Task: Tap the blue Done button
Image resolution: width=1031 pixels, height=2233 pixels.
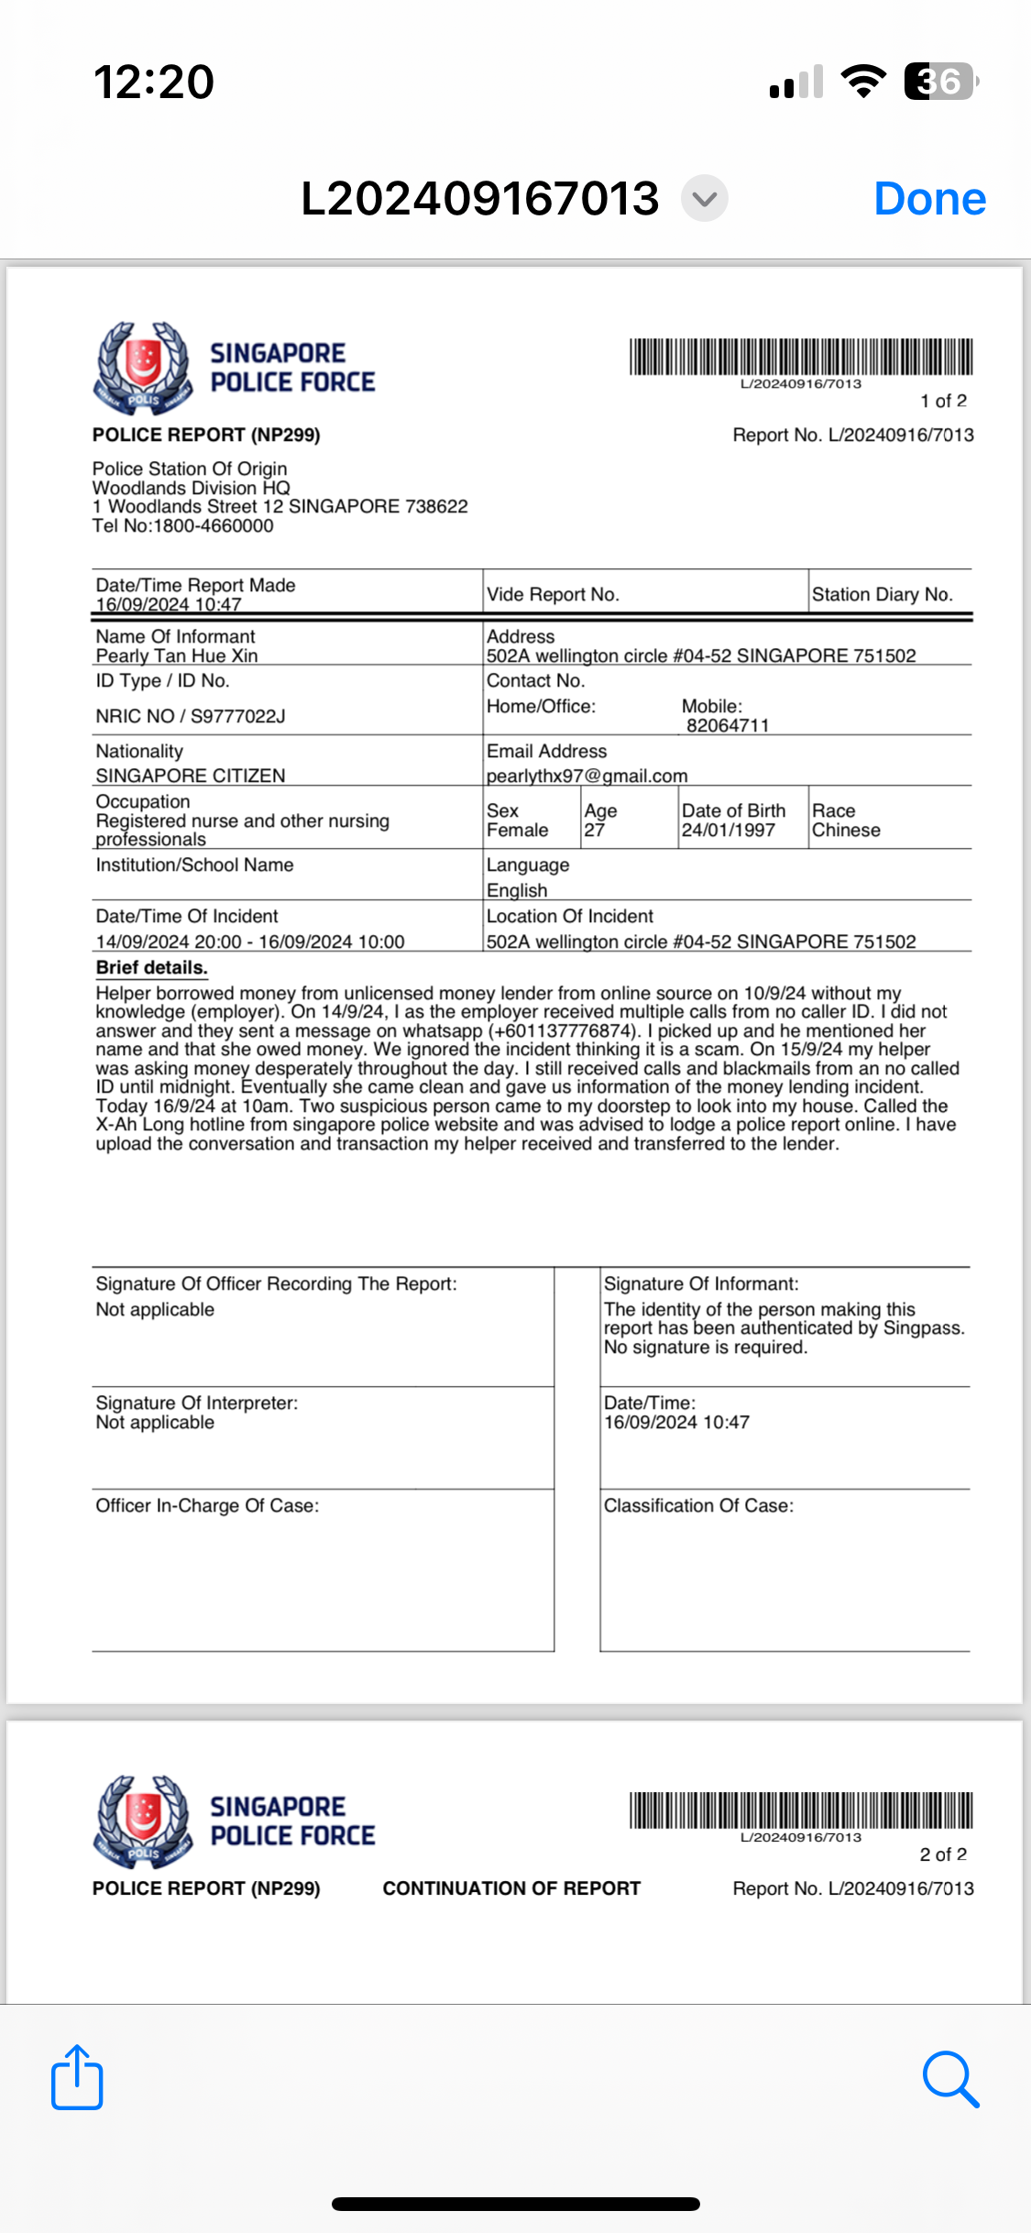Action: (929, 199)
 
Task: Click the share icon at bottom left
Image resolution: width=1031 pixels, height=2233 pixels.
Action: (77, 2078)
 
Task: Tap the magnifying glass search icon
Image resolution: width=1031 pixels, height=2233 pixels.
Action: (950, 2079)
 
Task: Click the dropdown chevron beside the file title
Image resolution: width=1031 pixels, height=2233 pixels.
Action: (704, 198)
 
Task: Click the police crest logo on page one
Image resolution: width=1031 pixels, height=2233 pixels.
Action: (143, 367)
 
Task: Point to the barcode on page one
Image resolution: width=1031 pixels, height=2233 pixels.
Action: (800, 357)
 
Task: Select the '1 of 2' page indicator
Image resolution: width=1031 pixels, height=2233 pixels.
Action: (943, 401)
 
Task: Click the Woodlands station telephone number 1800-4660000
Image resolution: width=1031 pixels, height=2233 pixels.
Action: (213, 526)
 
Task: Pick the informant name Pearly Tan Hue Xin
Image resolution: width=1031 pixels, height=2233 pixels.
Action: (177, 655)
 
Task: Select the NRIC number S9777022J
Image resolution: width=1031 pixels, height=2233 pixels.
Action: (237, 716)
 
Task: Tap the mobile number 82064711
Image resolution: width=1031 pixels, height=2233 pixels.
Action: (728, 725)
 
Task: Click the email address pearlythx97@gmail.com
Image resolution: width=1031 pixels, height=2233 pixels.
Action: (587, 775)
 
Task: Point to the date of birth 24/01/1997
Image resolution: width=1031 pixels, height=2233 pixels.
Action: (728, 830)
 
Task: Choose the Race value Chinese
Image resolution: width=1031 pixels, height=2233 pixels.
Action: (846, 830)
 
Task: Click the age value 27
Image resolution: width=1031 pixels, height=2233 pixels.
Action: (594, 830)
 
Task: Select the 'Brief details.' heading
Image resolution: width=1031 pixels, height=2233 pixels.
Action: (152, 968)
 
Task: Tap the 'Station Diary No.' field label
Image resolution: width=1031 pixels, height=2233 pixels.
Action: (882, 594)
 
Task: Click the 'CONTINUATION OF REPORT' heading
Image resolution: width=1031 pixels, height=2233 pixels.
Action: (511, 1888)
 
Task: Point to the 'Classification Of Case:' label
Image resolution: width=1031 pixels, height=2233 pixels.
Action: (698, 1505)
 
